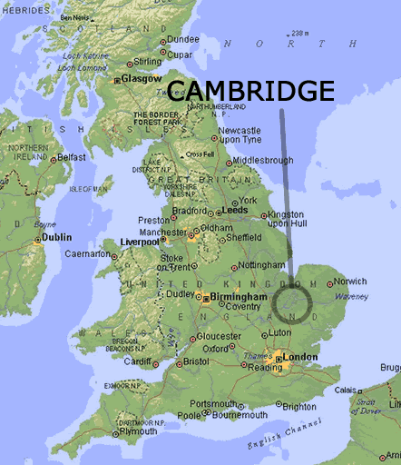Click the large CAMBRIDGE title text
[x=251, y=91]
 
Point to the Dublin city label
[x=56, y=237]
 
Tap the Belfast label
[x=71, y=156]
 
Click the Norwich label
[x=350, y=282]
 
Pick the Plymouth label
[x=138, y=430]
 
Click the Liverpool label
[x=140, y=242]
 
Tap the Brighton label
[x=299, y=407]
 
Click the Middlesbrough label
[x=263, y=161]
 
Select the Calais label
[x=346, y=390]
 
